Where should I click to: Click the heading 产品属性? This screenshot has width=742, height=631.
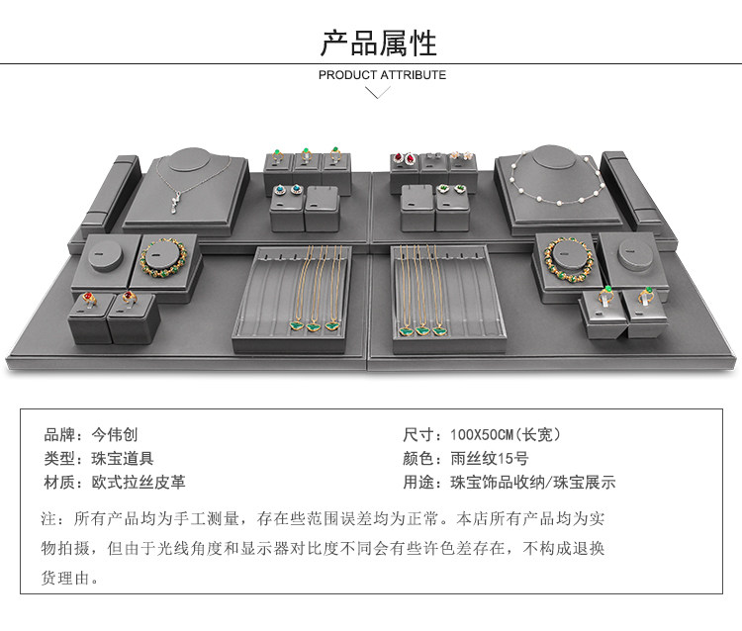click(378, 43)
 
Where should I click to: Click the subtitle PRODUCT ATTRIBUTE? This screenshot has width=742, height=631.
click(382, 75)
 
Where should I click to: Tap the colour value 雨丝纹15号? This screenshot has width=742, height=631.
click(491, 459)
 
